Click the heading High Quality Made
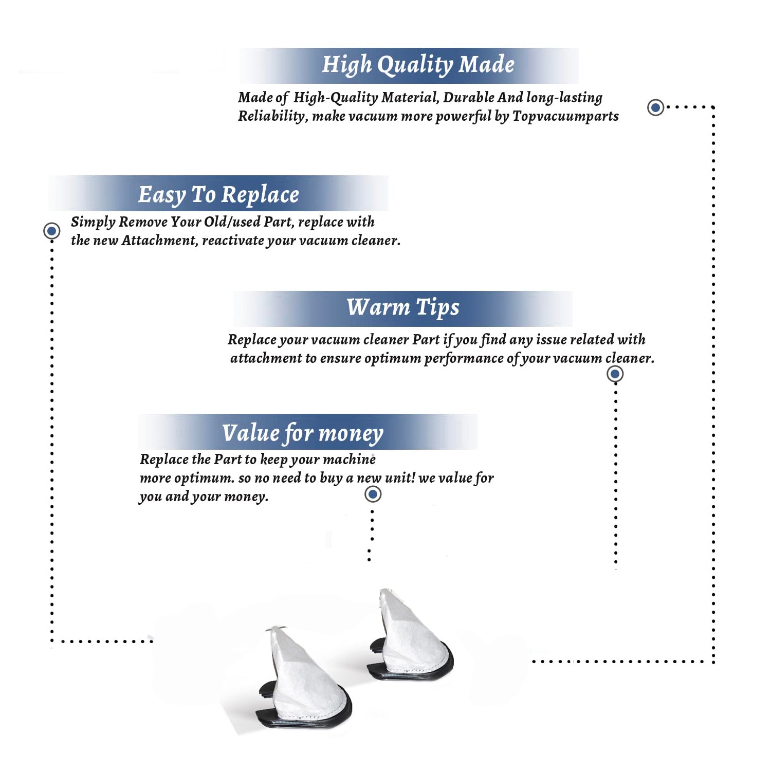[x=418, y=65]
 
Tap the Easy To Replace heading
[x=218, y=195]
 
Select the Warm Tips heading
[x=403, y=307]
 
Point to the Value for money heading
[x=303, y=433]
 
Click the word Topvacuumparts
[x=565, y=117]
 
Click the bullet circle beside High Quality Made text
[x=655, y=107]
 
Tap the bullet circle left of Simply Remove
[x=51, y=231]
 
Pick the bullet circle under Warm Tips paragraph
[x=615, y=374]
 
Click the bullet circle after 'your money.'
[x=373, y=494]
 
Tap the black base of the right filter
[x=411, y=671]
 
